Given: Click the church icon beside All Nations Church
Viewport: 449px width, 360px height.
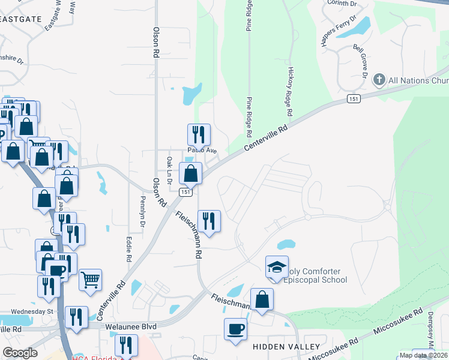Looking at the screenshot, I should pos(379,79).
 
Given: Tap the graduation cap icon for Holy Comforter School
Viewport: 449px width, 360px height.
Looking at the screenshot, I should pos(277,268).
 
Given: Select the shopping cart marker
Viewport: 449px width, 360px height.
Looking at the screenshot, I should pos(90,279).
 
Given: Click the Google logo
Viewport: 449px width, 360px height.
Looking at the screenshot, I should pos(20,353).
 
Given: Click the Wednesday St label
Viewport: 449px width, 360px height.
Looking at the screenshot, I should pos(32,311).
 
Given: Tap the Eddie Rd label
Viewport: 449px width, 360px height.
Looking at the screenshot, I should pos(129,248).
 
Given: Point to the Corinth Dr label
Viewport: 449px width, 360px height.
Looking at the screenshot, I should pos(342,3).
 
